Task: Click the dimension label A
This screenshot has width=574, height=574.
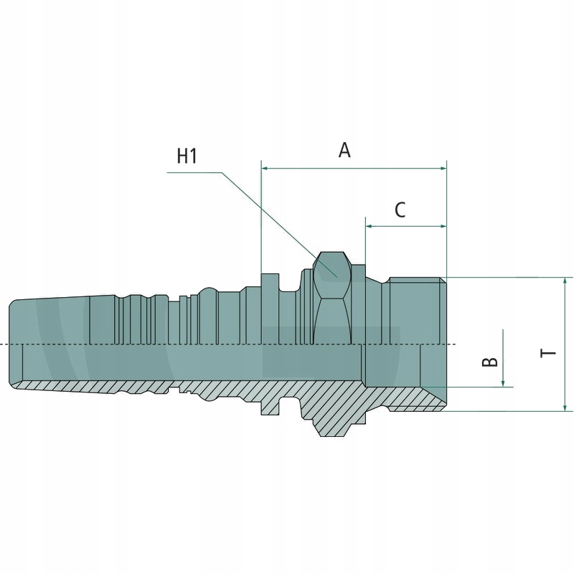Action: (344, 150)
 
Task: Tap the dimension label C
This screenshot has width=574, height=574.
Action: (400, 210)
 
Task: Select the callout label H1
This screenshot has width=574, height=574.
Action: (187, 156)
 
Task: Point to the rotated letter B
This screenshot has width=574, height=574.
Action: (490, 362)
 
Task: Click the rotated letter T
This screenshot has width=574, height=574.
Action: (548, 353)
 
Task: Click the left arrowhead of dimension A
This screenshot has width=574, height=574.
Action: (265, 169)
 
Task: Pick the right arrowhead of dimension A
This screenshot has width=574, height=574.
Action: (443, 169)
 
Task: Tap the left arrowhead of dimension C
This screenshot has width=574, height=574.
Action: (370, 226)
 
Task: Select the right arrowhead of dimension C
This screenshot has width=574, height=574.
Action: (443, 226)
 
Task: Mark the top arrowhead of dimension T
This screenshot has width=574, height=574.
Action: (565, 281)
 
